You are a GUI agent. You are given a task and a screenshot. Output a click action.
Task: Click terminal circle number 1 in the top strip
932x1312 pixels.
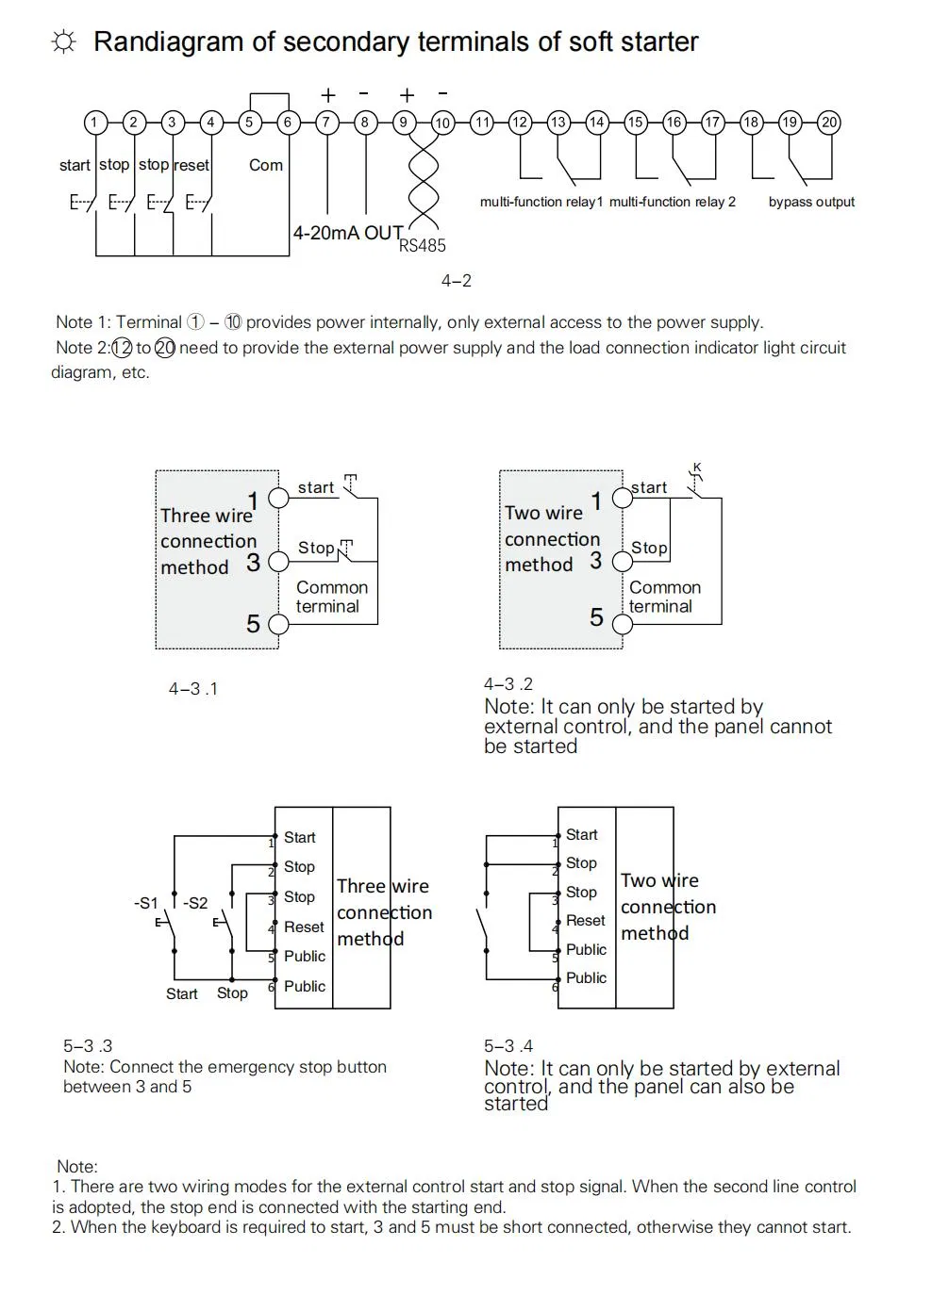point(94,122)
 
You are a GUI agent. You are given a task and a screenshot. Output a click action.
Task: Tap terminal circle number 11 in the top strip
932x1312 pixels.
point(482,122)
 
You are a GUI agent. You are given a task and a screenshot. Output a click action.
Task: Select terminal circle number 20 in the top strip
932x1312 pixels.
point(828,122)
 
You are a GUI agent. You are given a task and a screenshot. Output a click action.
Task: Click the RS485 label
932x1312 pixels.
point(422,246)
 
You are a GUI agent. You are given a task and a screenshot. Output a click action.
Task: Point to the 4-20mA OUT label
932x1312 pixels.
point(347,233)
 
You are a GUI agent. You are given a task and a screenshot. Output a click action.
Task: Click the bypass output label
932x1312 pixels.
point(811,202)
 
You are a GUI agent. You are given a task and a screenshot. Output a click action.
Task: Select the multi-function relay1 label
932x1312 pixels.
point(541,202)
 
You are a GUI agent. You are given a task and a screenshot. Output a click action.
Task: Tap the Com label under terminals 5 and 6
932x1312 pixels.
point(265,165)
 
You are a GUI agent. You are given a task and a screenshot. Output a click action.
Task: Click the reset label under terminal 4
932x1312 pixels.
point(191,165)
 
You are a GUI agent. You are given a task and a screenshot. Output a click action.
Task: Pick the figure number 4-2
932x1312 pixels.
point(456,281)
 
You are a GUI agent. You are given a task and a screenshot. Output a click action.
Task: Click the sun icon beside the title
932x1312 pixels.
point(63,42)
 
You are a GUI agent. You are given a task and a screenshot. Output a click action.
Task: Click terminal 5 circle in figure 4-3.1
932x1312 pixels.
point(278,624)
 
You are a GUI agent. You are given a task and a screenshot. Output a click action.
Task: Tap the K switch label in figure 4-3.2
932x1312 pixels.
point(697,467)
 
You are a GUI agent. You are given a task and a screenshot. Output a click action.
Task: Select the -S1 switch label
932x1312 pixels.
point(145,903)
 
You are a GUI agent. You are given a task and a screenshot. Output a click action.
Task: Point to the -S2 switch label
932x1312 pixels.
point(194,903)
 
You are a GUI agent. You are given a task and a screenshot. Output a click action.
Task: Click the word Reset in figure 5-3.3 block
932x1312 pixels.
point(304,927)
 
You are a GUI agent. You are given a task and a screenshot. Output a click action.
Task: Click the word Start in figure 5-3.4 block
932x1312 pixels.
point(581,834)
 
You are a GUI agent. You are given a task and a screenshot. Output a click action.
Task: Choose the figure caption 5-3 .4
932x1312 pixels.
point(508,1045)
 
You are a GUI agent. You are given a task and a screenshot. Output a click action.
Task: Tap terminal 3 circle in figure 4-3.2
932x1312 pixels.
point(623,562)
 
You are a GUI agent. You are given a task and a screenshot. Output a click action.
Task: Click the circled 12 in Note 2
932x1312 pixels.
point(122,348)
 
